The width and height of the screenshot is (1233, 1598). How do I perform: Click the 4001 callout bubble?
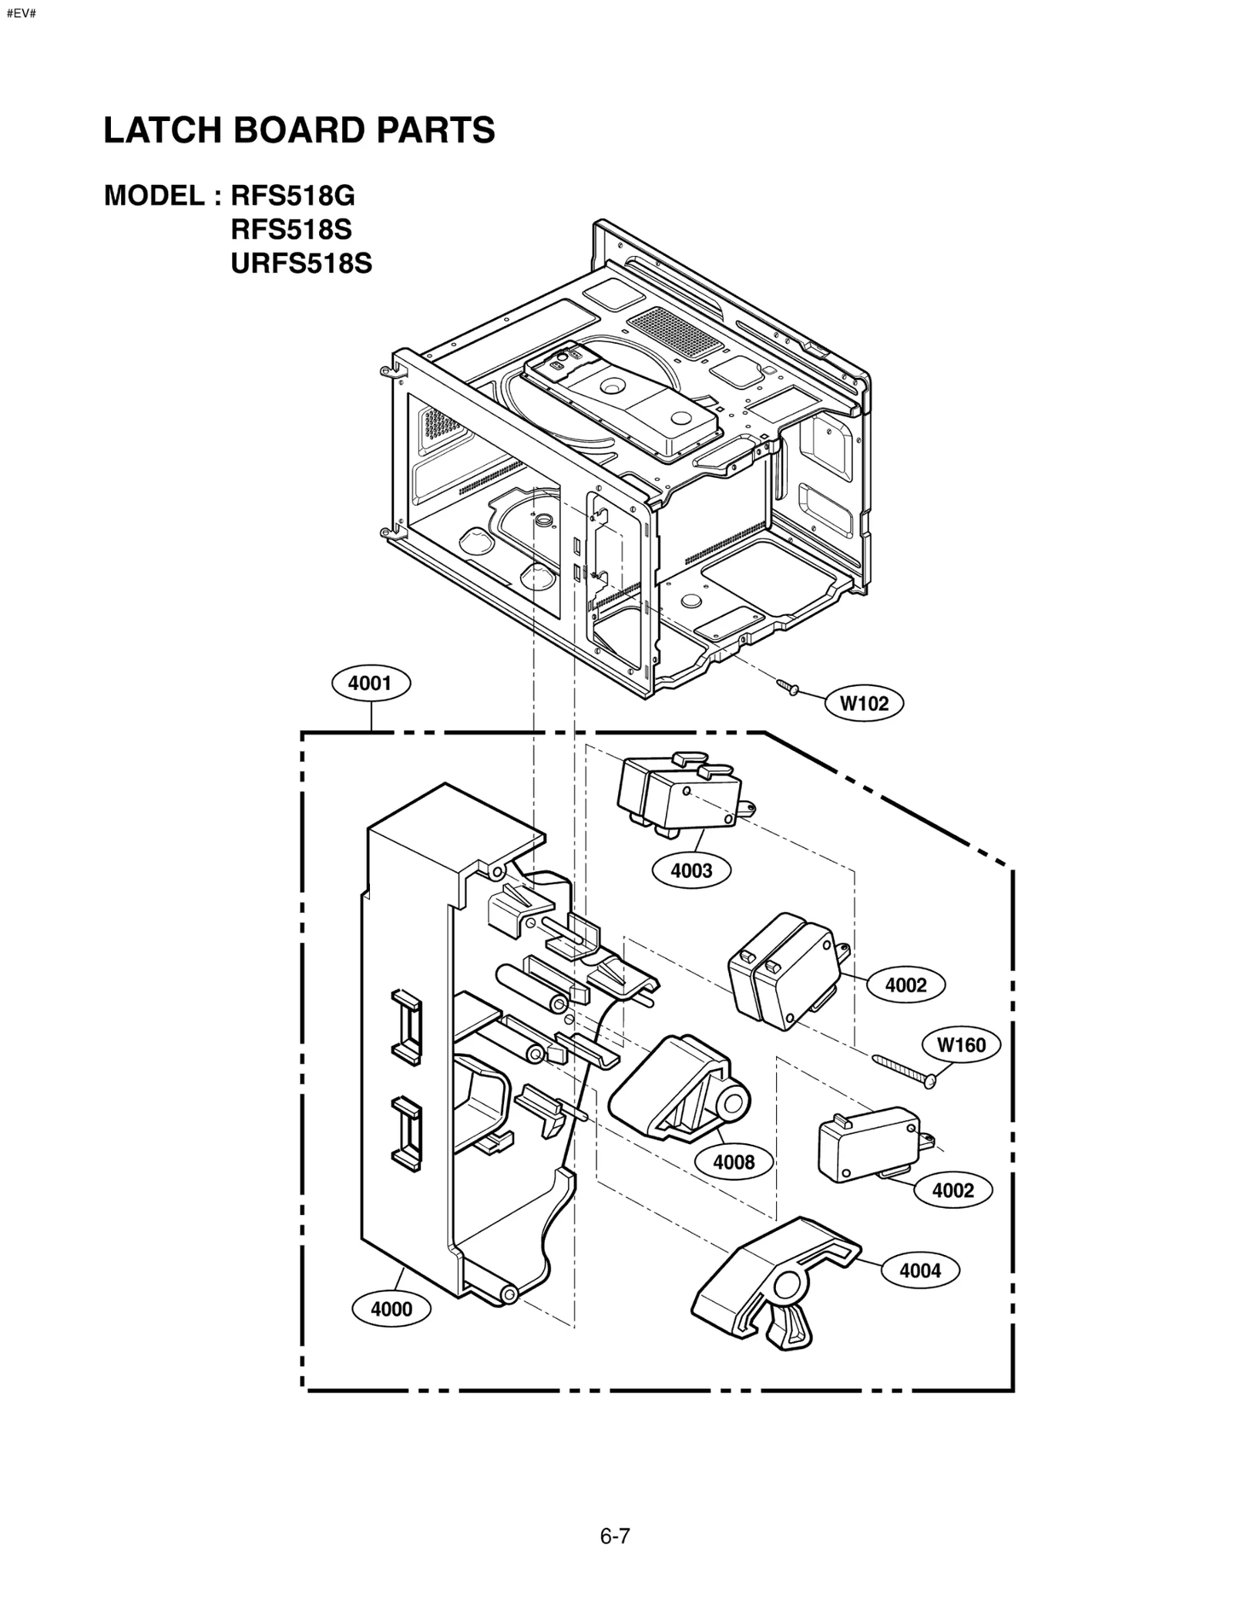371,683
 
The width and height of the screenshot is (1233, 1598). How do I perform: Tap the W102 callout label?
864,703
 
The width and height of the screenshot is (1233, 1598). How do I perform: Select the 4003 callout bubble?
691,871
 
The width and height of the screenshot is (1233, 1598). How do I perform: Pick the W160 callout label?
961,1045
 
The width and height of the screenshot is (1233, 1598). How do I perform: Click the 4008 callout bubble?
734,1162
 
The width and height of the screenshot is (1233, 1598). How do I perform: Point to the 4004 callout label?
920,1270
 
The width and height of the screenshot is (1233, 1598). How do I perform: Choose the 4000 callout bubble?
391,1309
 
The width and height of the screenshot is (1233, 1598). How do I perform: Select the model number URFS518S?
301,264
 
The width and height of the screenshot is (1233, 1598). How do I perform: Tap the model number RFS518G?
293,197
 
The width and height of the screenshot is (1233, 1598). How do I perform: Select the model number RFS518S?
291,230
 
